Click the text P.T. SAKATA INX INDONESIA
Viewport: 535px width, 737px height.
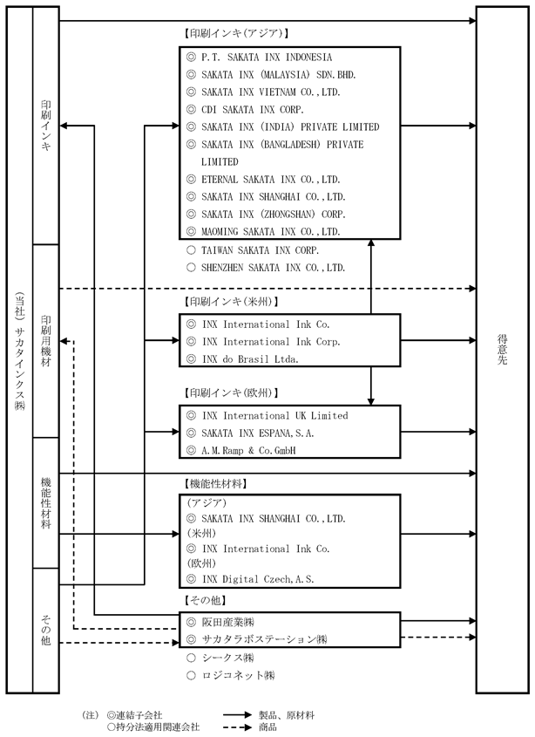(267, 58)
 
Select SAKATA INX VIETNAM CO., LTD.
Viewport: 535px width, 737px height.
(271, 92)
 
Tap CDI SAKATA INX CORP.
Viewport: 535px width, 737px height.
(252, 110)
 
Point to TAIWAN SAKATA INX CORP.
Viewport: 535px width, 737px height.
(260, 250)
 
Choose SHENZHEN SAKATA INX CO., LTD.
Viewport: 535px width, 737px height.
(273, 268)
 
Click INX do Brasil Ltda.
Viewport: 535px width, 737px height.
(250, 359)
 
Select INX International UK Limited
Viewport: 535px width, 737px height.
(275, 416)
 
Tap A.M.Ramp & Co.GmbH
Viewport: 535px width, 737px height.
(248, 451)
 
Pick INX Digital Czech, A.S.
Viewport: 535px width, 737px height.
(258, 579)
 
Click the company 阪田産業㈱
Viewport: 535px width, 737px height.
(227, 623)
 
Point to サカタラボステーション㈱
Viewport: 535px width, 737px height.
(264, 639)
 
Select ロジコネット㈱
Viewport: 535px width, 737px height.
(238, 675)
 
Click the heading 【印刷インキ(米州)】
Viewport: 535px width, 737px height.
(231, 302)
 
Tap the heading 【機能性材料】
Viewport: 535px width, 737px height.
(215, 484)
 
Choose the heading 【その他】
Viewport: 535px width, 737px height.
(205, 600)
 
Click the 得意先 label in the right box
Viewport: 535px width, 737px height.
(503, 350)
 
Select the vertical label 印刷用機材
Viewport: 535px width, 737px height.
(45, 341)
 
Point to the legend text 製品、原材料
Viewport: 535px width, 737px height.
(287, 715)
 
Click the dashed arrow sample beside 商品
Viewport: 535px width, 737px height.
(237, 727)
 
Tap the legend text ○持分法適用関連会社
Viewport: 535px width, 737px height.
(153, 727)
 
